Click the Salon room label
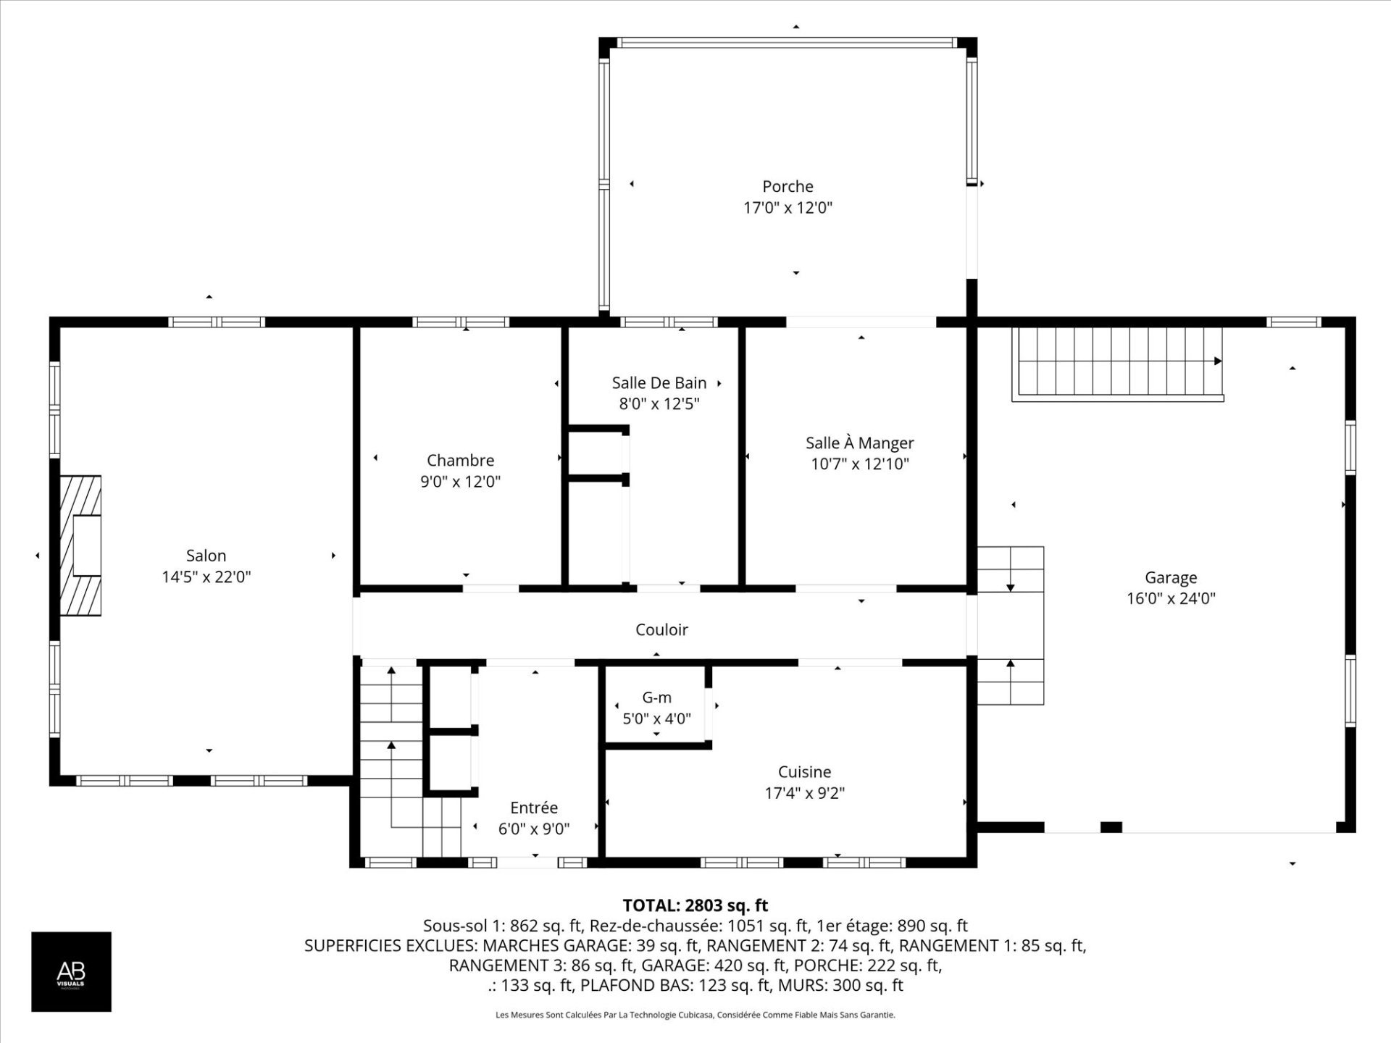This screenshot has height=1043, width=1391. [x=206, y=556]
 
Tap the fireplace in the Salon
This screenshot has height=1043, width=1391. [x=80, y=545]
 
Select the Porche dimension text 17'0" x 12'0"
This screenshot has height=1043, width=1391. [x=788, y=208]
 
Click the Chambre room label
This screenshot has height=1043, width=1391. [x=460, y=460]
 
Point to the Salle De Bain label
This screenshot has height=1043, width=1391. [x=659, y=382]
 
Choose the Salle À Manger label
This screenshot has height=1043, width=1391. [x=860, y=443]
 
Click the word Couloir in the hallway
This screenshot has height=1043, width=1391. [x=661, y=629]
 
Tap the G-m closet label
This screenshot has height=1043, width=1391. [x=656, y=698]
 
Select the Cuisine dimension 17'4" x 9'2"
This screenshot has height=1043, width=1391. [x=805, y=793]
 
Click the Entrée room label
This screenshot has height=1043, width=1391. [x=534, y=808]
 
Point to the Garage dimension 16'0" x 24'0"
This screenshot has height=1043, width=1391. [x=1171, y=599]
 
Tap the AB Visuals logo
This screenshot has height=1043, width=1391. [x=71, y=971]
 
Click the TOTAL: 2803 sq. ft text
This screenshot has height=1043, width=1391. [x=695, y=905]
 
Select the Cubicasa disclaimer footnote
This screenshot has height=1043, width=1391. [x=695, y=1015]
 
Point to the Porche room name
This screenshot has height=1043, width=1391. [x=788, y=186]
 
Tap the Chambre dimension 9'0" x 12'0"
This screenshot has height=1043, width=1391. [x=460, y=482]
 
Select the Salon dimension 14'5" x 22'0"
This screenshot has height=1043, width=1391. [x=206, y=577]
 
